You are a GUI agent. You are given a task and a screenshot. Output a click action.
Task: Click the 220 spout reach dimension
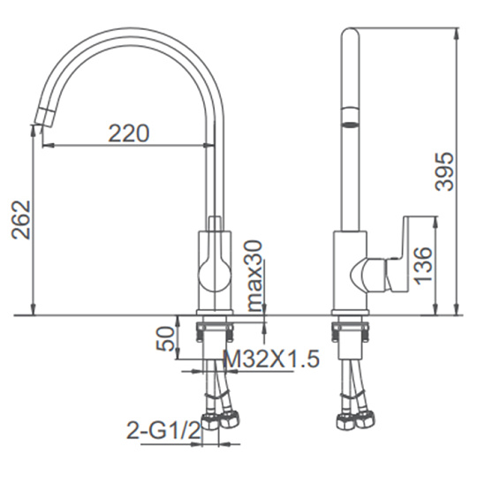pyautogui.click(x=129, y=133)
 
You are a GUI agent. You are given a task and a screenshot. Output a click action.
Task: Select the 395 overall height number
pyautogui.click(x=444, y=171)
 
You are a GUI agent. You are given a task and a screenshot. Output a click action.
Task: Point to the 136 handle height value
pyautogui.click(x=423, y=266)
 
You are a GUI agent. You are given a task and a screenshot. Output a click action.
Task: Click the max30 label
pyautogui.click(x=255, y=276)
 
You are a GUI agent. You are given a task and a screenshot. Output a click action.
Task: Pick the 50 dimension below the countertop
pyautogui.click(x=165, y=338)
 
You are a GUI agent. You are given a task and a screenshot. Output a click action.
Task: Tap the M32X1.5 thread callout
pyautogui.click(x=271, y=359)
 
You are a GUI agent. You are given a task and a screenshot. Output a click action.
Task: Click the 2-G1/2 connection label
pyautogui.click(x=163, y=430)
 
